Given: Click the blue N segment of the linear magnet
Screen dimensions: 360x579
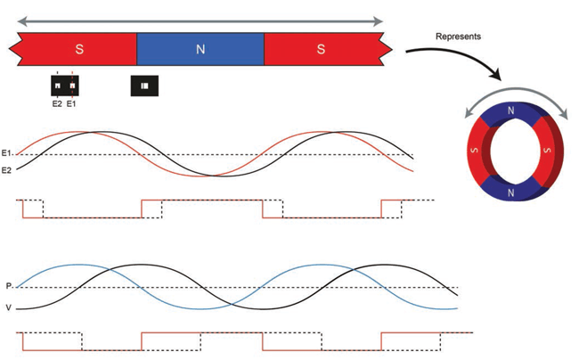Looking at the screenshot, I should (x=200, y=49).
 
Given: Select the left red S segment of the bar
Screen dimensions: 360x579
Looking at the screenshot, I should (x=79, y=49).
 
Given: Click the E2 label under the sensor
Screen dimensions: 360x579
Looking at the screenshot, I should (x=56, y=103).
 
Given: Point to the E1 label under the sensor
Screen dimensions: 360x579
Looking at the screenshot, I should (x=72, y=103).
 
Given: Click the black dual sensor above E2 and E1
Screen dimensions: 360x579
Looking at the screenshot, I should (x=64, y=86).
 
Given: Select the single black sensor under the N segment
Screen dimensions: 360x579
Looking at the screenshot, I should (x=144, y=86).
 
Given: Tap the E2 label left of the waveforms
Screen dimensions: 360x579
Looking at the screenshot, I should (x=8, y=169).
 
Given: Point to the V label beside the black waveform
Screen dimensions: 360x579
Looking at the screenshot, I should (x=8, y=308).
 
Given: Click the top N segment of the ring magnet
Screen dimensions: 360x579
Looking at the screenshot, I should (x=510, y=111).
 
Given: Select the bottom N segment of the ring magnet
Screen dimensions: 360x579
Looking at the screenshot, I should (x=510, y=192).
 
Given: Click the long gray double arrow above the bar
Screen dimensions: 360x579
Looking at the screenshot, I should (x=200, y=20).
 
